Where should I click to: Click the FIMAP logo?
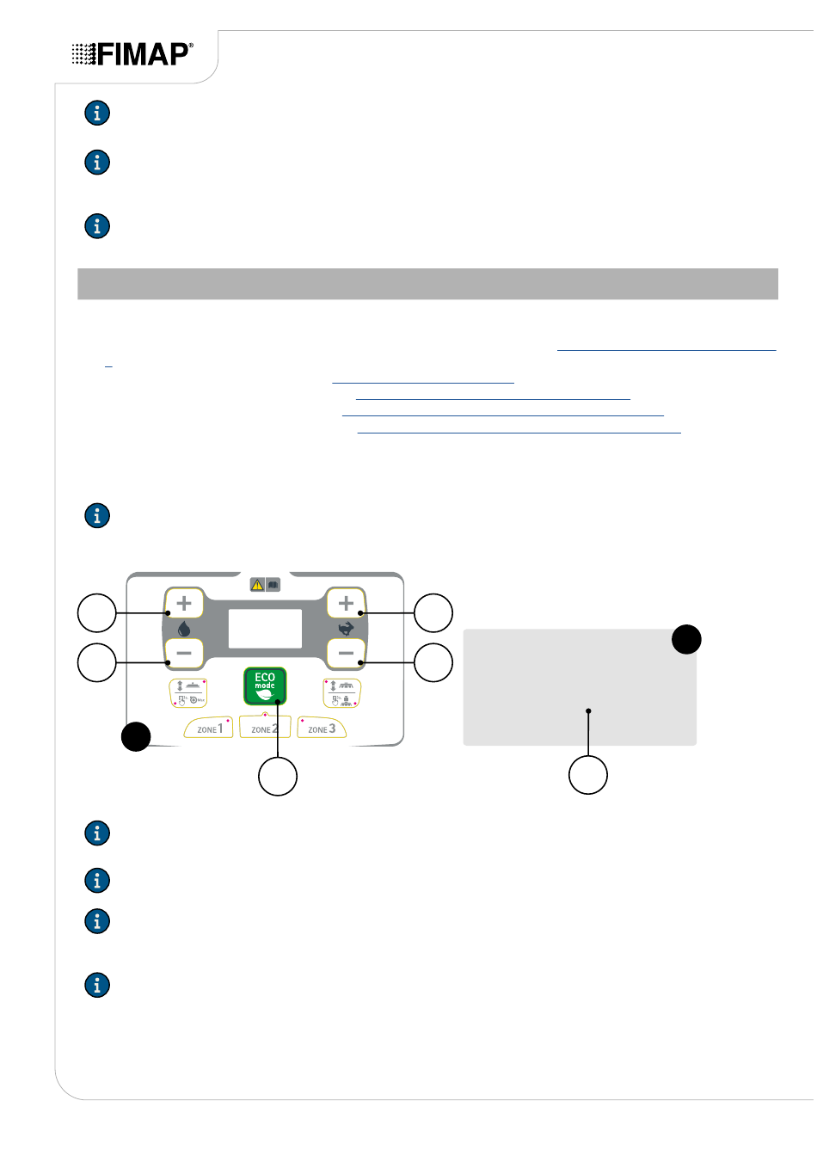tap(132, 53)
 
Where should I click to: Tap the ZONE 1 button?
tap(209, 728)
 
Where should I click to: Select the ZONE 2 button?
tap(265, 727)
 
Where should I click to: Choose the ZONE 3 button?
tap(322, 728)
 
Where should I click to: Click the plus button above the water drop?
tap(184, 603)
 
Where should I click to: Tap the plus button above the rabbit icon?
tap(346, 603)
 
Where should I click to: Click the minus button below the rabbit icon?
tap(346, 653)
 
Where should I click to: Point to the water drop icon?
tap(184, 629)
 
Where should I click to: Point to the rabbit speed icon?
tap(346, 629)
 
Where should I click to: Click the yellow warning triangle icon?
tap(257, 585)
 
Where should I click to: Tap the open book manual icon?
tap(273, 585)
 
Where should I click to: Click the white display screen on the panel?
tap(265, 629)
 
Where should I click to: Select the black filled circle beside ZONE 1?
tap(136, 736)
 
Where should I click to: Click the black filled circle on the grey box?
tap(686, 639)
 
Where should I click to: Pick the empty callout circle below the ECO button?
tap(278, 777)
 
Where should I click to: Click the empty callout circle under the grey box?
tap(588, 775)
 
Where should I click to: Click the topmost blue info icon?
tap(97, 113)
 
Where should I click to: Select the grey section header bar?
tap(428, 284)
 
